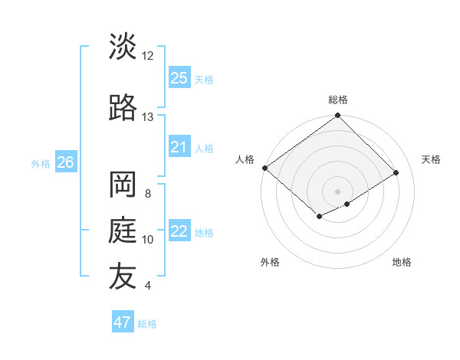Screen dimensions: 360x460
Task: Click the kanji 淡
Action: coord(123,47)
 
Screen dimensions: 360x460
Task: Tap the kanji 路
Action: coord(123,108)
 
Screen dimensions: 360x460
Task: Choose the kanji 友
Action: coord(123,277)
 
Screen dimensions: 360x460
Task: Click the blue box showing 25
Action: coord(179,77)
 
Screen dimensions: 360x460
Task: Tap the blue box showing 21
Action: coord(179,147)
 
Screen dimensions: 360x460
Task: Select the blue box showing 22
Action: coord(179,231)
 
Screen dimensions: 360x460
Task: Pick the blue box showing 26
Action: coord(65,162)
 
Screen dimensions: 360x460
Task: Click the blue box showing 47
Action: coord(123,322)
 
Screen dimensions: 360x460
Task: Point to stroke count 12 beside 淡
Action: coord(148,56)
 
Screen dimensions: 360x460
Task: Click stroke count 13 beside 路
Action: coord(148,117)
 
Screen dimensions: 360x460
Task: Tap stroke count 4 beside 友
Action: coord(148,286)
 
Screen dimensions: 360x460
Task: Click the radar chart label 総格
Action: coord(338,100)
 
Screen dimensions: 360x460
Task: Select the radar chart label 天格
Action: coord(431,159)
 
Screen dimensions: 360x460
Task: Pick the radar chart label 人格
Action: coord(245,159)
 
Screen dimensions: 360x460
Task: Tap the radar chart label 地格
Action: coord(402,263)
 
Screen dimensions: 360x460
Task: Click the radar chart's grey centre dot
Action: coord(338,191)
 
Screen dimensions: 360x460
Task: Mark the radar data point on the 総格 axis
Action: coord(338,116)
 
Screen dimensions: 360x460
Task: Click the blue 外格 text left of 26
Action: coord(41,163)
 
